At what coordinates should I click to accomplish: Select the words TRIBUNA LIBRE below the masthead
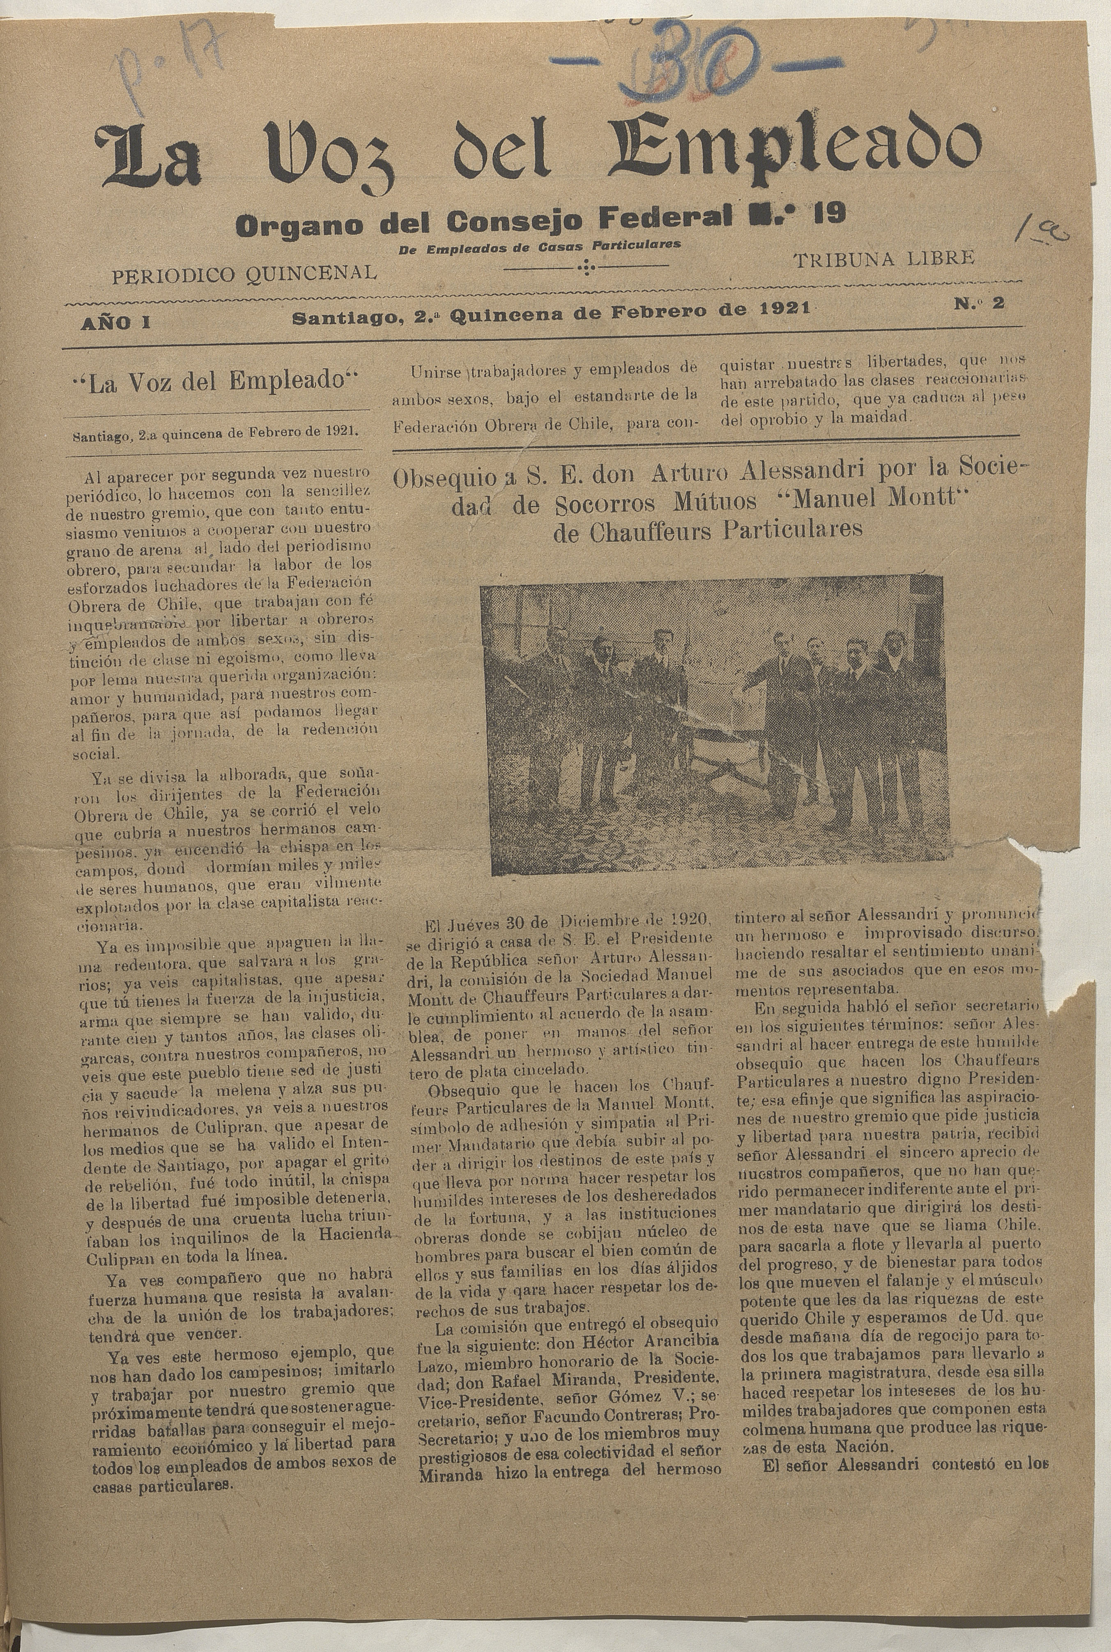point(884,259)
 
